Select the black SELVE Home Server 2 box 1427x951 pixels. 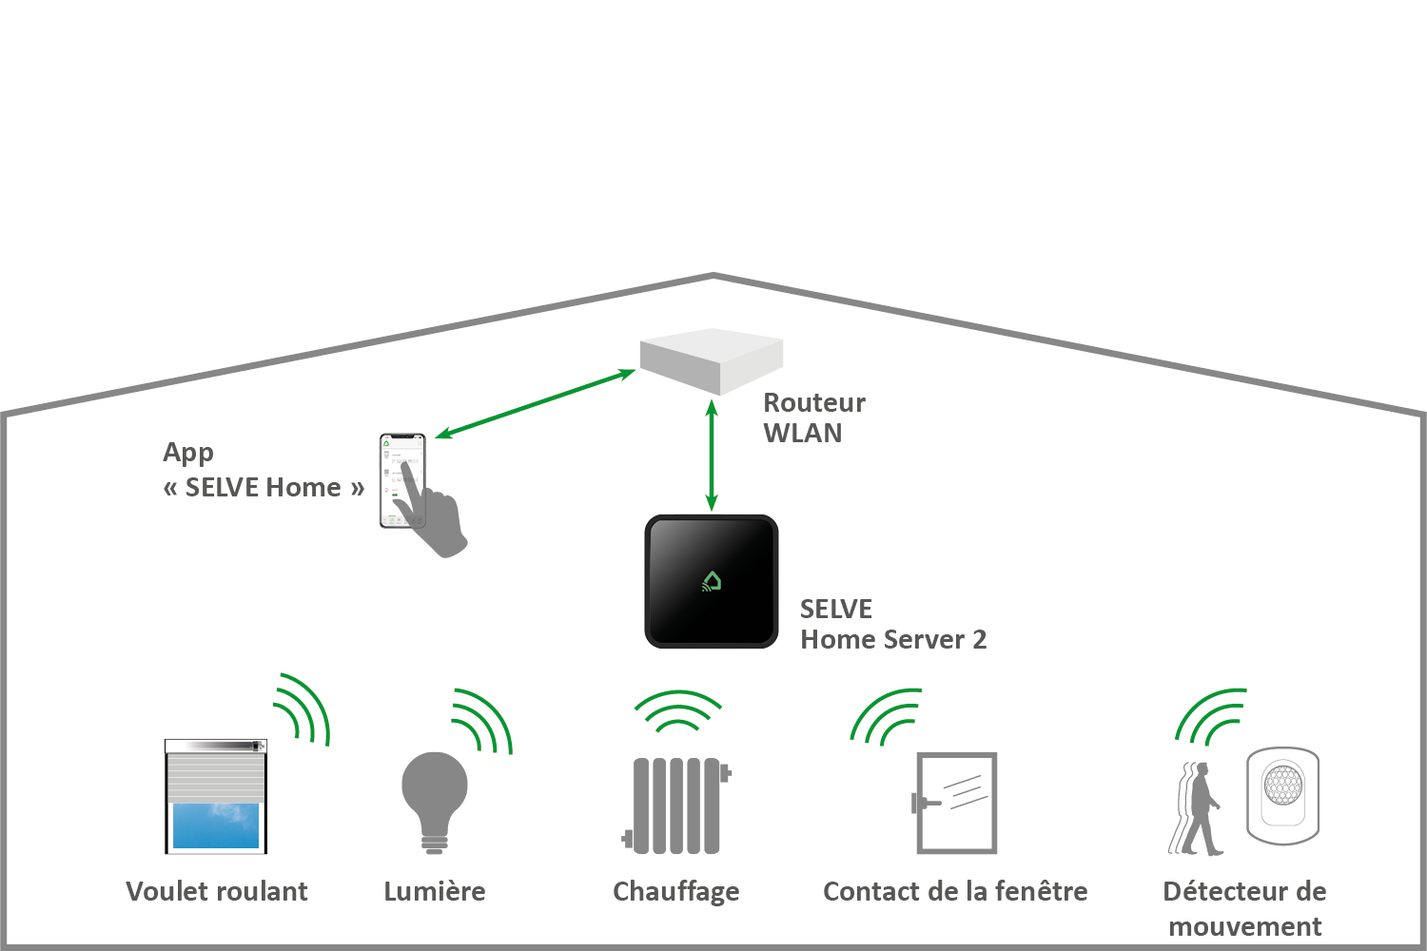click(x=712, y=582)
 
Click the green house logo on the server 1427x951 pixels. click(x=713, y=580)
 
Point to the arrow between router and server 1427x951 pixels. click(x=712, y=456)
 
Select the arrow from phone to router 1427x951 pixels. click(x=535, y=404)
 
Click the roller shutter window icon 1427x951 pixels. click(x=216, y=797)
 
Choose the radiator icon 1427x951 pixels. click(x=676, y=805)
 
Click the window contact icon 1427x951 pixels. click(x=955, y=803)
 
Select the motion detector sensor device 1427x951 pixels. click(x=1283, y=795)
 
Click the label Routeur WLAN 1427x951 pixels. click(x=813, y=417)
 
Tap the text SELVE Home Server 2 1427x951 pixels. click(x=892, y=624)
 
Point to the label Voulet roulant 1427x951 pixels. click(x=217, y=891)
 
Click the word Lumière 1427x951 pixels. click(x=435, y=891)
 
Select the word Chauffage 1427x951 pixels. click(x=676, y=892)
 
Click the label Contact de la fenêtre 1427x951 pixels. click(x=955, y=891)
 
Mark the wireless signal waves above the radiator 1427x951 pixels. click(x=677, y=711)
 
